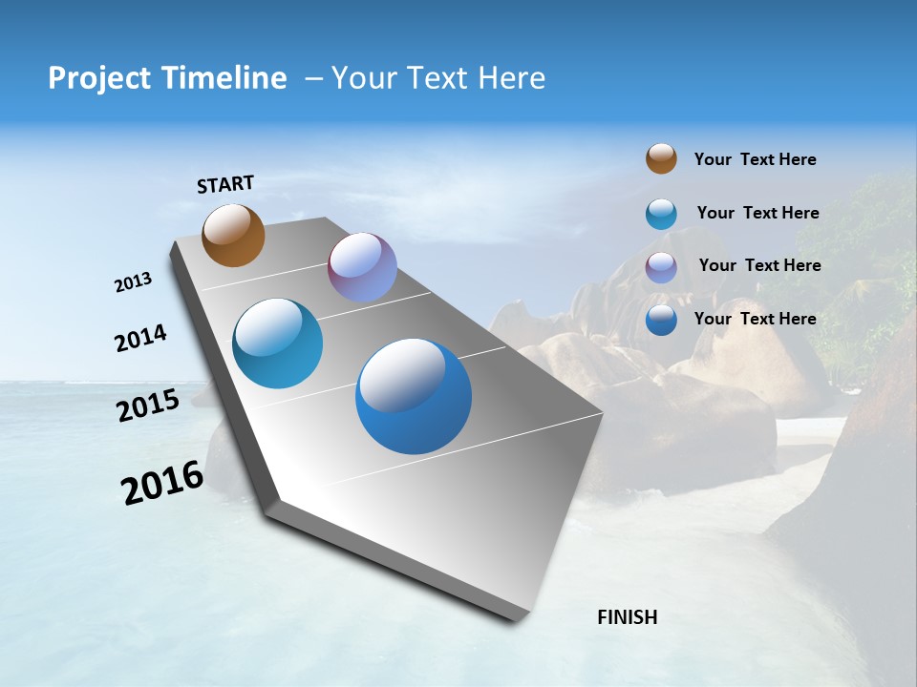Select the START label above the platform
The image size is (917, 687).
[225, 184]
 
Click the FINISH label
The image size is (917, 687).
[627, 617]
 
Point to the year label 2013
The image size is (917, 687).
[133, 282]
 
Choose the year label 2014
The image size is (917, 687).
[140, 339]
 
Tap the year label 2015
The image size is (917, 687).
[147, 406]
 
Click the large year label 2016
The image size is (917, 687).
[161, 483]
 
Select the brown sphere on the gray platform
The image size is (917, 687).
[233, 235]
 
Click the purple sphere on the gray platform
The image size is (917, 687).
[362, 267]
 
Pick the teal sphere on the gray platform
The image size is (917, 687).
[277, 343]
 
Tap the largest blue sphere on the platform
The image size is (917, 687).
[414, 396]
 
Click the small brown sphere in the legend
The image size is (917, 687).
[661, 158]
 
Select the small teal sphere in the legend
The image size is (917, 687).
[661, 214]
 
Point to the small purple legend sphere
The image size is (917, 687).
[661, 267]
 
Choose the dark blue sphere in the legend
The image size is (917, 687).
[661, 320]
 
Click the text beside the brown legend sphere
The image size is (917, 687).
[755, 159]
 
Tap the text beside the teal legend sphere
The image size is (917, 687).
[757, 213]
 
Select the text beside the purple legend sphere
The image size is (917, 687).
[759, 265]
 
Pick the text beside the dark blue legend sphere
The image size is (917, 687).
[755, 319]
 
